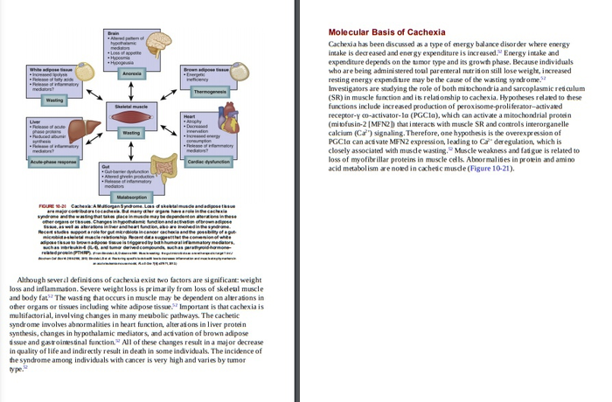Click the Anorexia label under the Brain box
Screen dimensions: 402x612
pos(132,73)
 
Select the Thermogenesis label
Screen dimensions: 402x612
pos(211,92)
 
